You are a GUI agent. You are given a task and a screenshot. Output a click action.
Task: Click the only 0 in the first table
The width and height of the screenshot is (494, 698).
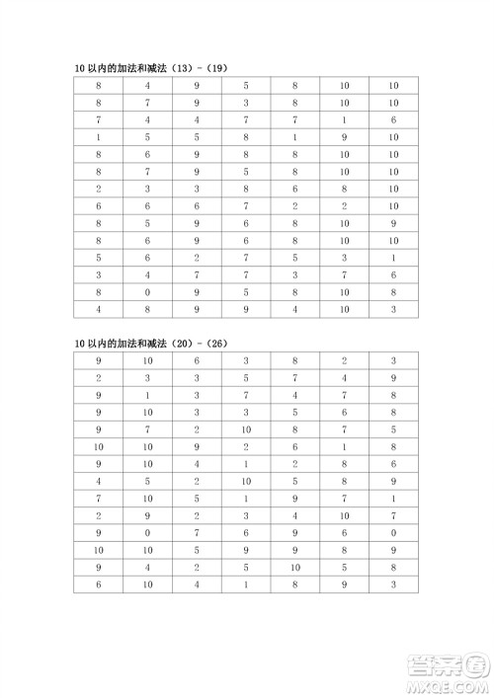pos(147,292)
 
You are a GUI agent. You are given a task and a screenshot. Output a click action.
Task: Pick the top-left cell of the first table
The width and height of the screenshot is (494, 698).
pos(99,86)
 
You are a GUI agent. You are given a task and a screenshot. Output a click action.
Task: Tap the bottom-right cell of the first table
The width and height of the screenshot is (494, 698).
pos(393,309)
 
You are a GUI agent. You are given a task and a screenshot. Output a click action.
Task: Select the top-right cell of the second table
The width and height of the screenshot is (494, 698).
pos(393,360)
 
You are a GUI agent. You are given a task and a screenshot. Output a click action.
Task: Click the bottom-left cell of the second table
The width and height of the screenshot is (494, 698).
pos(99,583)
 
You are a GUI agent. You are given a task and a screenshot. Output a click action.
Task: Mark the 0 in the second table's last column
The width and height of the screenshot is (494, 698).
pos(393,532)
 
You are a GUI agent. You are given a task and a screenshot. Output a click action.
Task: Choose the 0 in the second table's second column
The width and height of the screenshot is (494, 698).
pos(147,532)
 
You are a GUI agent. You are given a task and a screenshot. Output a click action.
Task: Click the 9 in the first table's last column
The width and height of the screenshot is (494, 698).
pos(393,223)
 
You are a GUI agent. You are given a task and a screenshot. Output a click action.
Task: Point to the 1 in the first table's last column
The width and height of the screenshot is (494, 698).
pos(393,258)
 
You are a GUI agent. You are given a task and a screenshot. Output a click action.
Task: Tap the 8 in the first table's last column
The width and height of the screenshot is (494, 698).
pos(393,292)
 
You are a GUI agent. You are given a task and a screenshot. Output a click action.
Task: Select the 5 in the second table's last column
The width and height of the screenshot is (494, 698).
pos(393,429)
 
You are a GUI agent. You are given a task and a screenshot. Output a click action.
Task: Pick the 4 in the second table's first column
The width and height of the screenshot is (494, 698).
pos(99,481)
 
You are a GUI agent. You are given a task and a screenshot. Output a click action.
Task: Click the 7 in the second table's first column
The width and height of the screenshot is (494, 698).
pos(99,498)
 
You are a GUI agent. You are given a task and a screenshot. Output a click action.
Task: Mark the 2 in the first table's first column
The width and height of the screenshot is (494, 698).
pos(99,189)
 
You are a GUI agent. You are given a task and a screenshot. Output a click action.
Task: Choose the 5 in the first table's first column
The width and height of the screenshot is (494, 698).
pos(99,258)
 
